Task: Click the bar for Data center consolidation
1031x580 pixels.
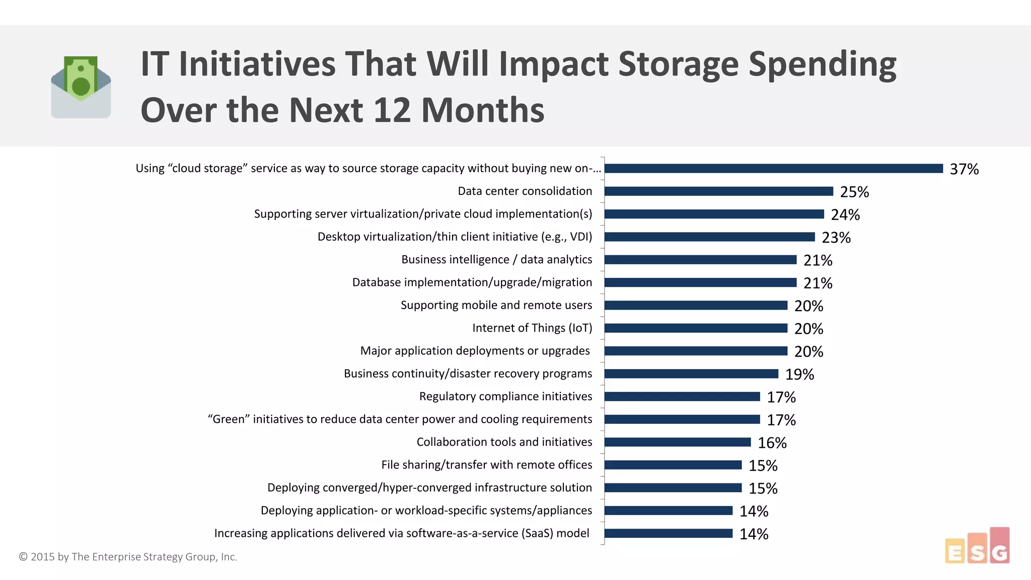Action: point(718,191)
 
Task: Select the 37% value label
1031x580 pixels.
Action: point(964,169)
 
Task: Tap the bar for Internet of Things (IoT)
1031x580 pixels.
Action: point(696,328)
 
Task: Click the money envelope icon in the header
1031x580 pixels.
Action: point(81,87)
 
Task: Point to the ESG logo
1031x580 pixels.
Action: point(977,546)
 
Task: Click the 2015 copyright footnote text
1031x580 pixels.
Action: point(128,557)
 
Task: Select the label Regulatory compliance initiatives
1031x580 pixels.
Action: point(505,397)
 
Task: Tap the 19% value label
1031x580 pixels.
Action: point(799,375)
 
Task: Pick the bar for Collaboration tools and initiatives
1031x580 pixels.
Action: point(678,442)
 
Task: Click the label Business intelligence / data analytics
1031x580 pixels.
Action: point(496,260)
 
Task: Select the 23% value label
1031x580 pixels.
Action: point(836,238)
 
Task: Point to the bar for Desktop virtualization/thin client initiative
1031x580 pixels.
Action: point(709,237)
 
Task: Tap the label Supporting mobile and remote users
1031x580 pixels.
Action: point(496,305)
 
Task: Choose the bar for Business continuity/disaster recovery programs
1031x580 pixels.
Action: point(691,374)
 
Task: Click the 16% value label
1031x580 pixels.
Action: point(772,443)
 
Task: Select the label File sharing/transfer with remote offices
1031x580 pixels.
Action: point(486,465)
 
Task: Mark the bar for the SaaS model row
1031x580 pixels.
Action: point(668,533)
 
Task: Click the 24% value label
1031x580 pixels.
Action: point(845,215)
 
